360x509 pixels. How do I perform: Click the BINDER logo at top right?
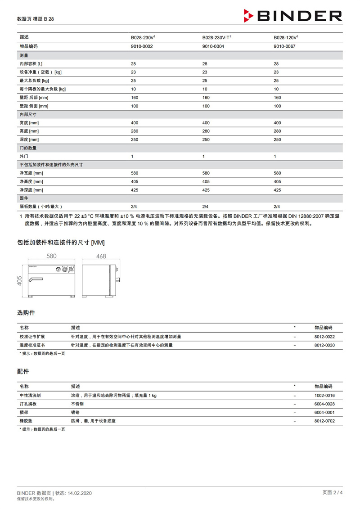[x=293, y=16]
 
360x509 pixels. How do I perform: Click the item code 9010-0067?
[x=285, y=46]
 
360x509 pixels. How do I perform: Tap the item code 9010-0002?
[x=142, y=46]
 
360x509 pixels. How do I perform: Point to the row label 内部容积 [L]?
[x=31, y=64]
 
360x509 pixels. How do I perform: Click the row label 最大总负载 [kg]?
[x=34, y=81]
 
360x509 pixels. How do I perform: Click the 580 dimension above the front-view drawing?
[x=52, y=257]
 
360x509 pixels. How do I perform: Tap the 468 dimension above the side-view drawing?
[x=101, y=257]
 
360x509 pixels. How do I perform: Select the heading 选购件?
[x=26, y=312]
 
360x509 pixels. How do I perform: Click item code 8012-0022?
[x=324, y=337]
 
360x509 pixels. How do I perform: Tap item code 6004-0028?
[x=324, y=404]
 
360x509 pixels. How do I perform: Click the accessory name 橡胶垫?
[x=26, y=421]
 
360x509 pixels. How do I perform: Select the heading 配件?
[x=23, y=371]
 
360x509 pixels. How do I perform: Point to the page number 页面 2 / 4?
[x=333, y=492]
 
